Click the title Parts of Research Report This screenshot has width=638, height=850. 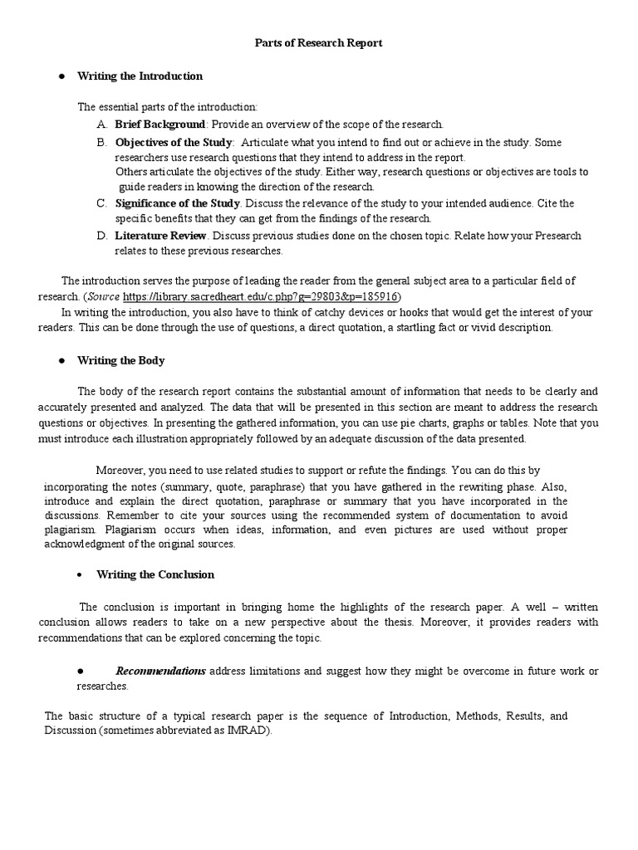pos(318,43)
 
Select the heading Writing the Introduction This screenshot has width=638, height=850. pos(140,76)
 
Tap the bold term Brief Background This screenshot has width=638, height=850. pos(159,124)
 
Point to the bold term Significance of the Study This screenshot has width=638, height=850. pos(177,203)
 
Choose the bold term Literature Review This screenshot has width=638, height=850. pos(160,236)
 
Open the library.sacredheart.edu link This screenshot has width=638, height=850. pos(260,296)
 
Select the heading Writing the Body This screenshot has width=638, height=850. pos(120,360)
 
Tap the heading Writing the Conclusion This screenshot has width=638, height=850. pos(155,574)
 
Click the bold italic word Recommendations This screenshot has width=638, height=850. pos(160,671)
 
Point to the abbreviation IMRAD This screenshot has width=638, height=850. pos(250,730)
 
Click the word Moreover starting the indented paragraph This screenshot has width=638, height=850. pos(122,470)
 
